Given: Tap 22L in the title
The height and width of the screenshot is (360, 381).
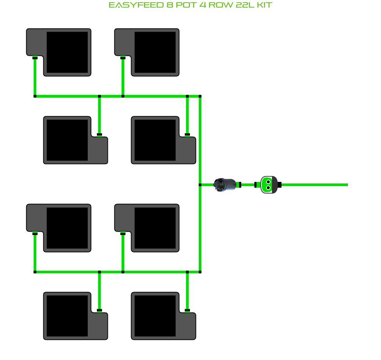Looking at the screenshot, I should coord(242,5).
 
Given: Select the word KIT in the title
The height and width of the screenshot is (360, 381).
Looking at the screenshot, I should coord(264,5).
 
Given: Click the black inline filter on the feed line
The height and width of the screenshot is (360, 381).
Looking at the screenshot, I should coord(225,185).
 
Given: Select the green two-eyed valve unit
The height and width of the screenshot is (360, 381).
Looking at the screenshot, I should coord(268,185).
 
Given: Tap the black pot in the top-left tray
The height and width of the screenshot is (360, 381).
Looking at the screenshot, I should coord(67,52).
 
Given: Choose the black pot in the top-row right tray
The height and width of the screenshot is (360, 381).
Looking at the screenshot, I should coord(155,52).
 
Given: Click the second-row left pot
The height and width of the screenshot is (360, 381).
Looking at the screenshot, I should coord(67,140).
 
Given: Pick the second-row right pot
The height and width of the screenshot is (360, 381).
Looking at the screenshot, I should coord(155,140).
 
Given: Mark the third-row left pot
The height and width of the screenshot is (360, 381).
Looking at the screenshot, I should coord(67,228).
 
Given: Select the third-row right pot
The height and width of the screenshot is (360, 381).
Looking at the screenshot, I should coord(155,228).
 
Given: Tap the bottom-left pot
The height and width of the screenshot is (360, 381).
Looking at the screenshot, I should coord(67,316).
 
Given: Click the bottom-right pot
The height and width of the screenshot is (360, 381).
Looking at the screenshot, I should coord(155,316).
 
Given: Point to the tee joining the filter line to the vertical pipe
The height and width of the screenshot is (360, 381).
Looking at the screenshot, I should coord(200,185).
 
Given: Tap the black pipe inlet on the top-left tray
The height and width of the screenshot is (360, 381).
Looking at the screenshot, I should coord(35,58).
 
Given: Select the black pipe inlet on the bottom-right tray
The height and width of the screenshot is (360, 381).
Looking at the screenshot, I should coord(187,311).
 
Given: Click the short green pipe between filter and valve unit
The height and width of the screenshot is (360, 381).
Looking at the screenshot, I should coord(248,185).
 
